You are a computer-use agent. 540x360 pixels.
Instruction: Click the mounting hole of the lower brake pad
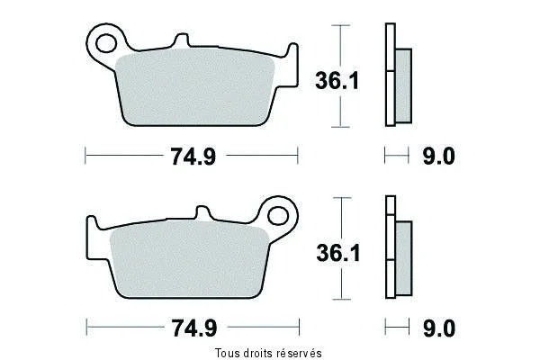[x=277, y=216]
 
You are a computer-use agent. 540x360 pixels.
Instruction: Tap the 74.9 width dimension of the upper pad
[x=193, y=156]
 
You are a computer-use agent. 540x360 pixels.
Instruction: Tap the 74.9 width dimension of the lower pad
[x=194, y=328]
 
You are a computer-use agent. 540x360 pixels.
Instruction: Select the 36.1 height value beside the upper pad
[x=337, y=81]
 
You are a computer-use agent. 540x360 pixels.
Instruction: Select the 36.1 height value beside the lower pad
[x=338, y=253]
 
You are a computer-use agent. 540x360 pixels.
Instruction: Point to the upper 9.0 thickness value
[x=439, y=156]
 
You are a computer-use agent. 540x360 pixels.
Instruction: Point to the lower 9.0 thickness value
[x=439, y=328]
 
